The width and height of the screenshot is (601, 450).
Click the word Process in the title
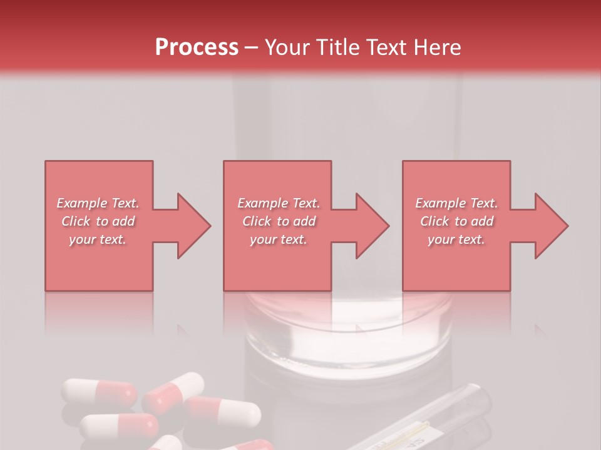tap(197, 47)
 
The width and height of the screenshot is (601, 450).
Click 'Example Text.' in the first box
tap(98, 203)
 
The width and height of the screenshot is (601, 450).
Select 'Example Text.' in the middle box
tap(278, 203)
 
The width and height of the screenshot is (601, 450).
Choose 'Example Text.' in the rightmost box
tap(456, 203)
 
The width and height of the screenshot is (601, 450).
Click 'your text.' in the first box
tap(98, 239)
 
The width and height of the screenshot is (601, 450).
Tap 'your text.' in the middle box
tap(278, 239)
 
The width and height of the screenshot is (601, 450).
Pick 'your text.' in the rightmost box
tap(456, 239)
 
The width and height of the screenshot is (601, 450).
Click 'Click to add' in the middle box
tap(278, 221)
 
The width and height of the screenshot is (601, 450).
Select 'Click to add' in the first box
tap(98, 221)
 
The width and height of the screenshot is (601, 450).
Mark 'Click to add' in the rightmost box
tap(456, 221)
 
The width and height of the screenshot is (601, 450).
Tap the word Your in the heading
tap(289, 47)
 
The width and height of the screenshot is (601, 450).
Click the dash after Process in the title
tap(252, 47)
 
